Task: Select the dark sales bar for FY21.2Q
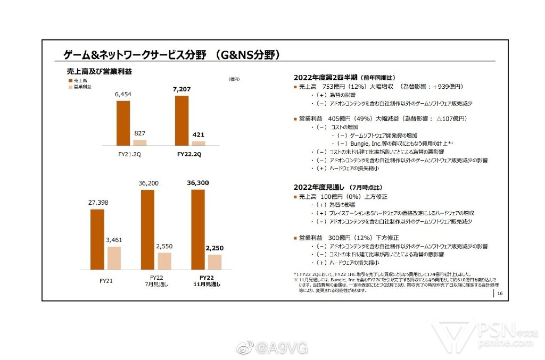[x=123, y=123]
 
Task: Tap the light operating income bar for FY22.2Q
[x=198, y=143]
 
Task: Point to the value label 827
[x=140, y=133]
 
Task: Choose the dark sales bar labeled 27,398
[x=97, y=239]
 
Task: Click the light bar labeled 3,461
[x=114, y=258]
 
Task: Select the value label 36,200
[x=148, y=182]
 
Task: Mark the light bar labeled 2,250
[x=214, y=262]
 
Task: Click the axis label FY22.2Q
[x=189, y=154]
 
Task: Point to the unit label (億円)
[x=234, y=79]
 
